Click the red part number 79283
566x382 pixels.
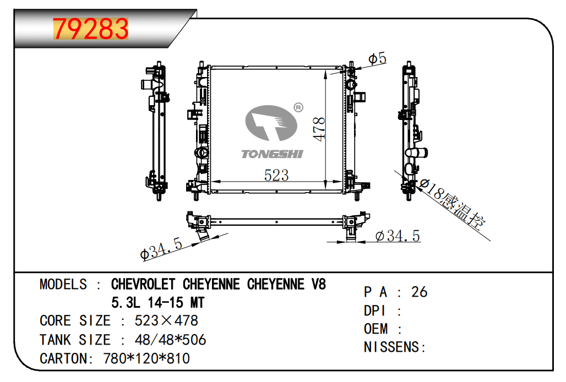point(91,29)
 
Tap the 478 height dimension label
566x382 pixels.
point(319,129)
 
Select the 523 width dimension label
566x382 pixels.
point(276,175)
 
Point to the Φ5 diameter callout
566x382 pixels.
point(377,59)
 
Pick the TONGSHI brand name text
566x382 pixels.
point(272,154)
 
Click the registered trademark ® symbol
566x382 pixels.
point(298,107)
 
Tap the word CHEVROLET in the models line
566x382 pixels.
point(143,284)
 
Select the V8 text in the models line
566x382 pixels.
point(318,284)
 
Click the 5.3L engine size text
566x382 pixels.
point(126,302)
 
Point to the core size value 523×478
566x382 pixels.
point(166,320)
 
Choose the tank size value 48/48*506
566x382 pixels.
point(170,340)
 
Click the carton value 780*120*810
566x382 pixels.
point(146,358)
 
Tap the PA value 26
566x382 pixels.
point(419,292)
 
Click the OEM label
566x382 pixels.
point(375,329)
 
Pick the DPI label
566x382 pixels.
point(374,310)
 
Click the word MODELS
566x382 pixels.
point(63,284)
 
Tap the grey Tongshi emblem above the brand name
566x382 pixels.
point(271,123)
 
